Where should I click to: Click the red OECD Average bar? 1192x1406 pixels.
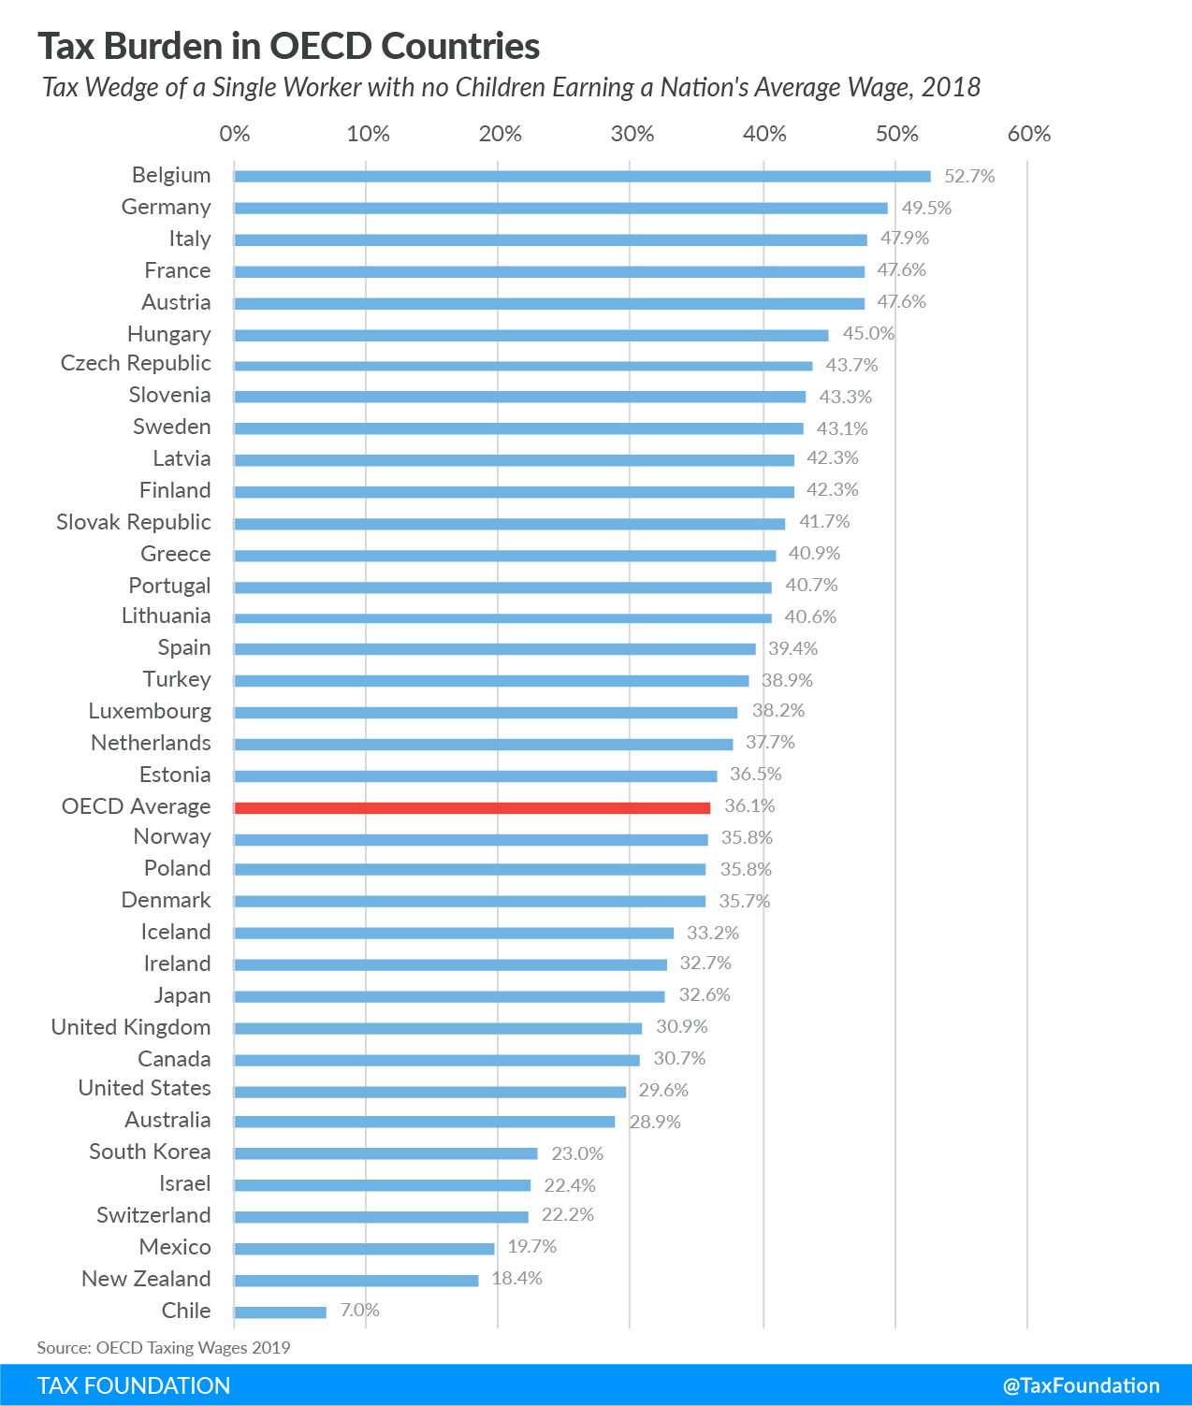tap(472, 807)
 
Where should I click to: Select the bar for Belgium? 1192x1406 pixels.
tap(582, 176)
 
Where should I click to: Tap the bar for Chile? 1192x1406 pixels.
tap(280, 1312)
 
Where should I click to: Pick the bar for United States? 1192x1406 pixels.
tap(429, 1092)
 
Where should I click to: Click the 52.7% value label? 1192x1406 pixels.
tap(969, 176)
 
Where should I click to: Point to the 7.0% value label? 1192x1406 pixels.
tap(359, 1310)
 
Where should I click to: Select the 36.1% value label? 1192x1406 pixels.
tap(749, 805)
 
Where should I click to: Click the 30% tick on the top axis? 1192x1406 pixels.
tap(632, 134)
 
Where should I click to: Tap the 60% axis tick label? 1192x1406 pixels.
tap(1029, 134)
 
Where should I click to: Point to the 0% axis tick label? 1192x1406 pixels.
tap(235, 134)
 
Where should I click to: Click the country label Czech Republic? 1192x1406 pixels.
tap(136, 363)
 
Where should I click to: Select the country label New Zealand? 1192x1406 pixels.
tap(146, 1279)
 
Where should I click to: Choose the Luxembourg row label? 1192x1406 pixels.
tap(150, 711)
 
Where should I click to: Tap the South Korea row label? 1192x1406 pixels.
tap(150, 1152)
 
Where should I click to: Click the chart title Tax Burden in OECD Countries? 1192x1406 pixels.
tap(289, 46)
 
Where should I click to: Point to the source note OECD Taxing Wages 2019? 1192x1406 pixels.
tap(164, 1347)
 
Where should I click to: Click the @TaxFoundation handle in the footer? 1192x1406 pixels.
tap(1081, 1385)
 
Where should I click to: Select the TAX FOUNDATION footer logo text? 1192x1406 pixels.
tap(134, 1385)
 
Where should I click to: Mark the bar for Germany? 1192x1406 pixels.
tap(560, 208)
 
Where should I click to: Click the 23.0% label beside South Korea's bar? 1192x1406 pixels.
tap(577, 1153)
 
